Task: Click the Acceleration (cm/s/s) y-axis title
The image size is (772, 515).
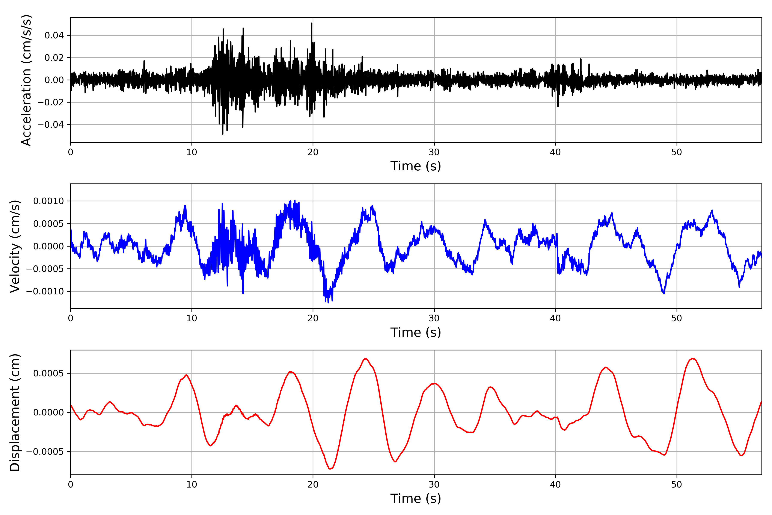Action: (x=26, y=80)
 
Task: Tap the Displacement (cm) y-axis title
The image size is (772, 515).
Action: (x=15, y=412)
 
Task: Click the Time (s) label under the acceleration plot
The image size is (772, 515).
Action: (x=416, y=166)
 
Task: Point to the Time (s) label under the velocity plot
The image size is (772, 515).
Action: (x=416, y=332)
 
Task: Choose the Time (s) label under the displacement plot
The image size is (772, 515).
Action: (x=416, y=498)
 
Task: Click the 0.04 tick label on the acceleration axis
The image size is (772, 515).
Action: (x=54, y=35)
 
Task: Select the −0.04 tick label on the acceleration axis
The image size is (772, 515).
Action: (x=51, y=125)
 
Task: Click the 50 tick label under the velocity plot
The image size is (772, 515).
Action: (x=677, y=318)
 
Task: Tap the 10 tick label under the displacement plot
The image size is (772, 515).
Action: (x=192, y=485)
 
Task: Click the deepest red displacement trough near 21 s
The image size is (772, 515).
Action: (x=330, y=469)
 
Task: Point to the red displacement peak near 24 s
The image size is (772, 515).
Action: (x=366, y=359)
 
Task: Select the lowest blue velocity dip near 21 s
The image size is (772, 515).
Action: (x=328, y=302)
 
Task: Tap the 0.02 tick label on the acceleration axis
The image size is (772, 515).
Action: (x=54, y=58)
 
